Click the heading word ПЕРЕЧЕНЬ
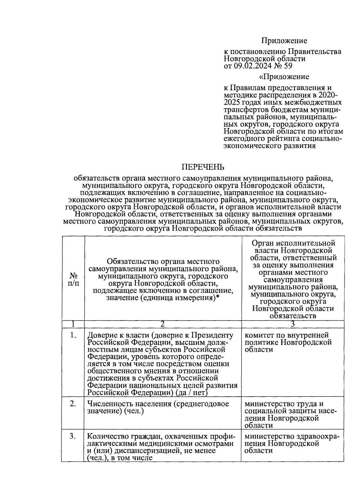click(x=204, y=167)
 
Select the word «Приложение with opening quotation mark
click(x=284, y=77)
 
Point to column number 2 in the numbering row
click(x=162, y=324)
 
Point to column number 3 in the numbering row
click(x=292, y=324)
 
